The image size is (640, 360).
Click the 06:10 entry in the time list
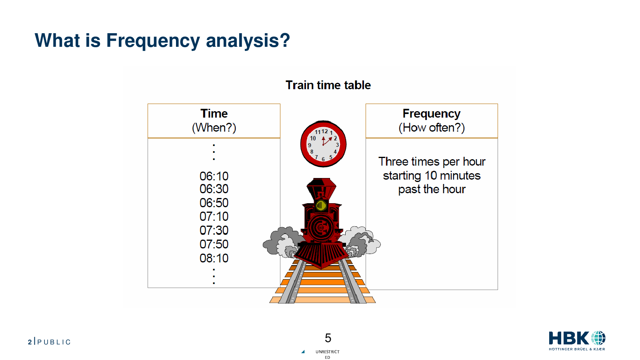[x=214, y=176]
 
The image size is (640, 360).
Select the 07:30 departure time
[x=214, y=230]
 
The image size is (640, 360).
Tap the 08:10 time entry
[x=214, y=258]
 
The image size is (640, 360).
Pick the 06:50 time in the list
[x=214, y=203]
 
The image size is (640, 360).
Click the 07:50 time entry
[x=214, y=244]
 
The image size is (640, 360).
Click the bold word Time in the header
[x=214, y=114]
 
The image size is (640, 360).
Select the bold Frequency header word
[x=432, y=114]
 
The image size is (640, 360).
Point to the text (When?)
[x=214, y=128]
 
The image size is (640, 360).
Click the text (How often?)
[x=432, y=128]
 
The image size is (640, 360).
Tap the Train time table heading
[x=328, y=85]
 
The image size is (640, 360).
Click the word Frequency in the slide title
[x=153, y=41]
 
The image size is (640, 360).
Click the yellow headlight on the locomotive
[x=321, y=206]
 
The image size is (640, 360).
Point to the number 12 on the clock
[x=324, y=132]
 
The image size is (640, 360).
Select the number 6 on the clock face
[x=323, y=159]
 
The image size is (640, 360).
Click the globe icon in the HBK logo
[x=598, y=338]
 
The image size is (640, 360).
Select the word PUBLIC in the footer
[x=54, y=342]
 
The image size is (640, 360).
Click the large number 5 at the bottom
[x=328, y=338]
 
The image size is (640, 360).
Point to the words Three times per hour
[x=432, y=162]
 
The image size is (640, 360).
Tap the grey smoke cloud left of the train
[x=282, y=242]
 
